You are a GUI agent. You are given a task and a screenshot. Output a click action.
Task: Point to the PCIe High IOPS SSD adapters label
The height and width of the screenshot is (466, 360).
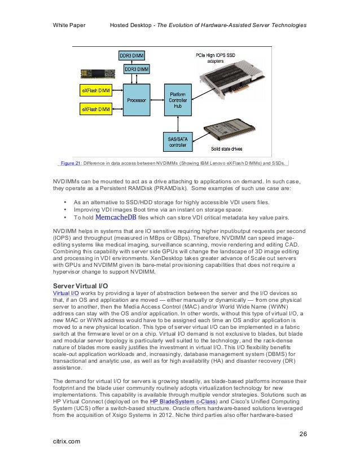216,57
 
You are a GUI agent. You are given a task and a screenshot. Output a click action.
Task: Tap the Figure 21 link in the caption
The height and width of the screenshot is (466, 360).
71,164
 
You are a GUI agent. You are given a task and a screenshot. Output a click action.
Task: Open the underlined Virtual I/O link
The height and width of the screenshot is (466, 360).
65,294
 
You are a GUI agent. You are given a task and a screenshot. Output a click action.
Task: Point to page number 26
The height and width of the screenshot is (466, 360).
302,434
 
